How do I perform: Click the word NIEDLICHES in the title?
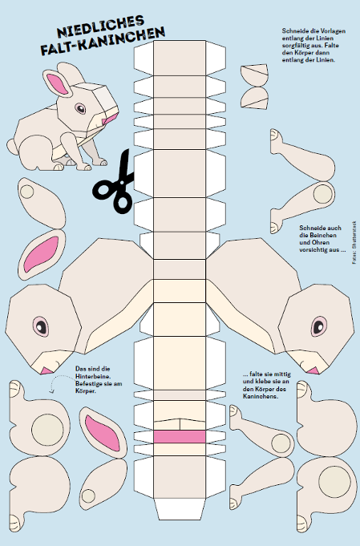pyautogui.click(x=100, y=26)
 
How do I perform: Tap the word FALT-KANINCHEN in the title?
pyautogui.click(x=103, y=42)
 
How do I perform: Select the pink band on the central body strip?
pyautogui.click(x=180, y=437)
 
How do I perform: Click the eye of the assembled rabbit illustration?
pyautogui.click(x=80, y=108)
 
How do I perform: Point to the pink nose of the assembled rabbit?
pyautogui.click(x=110, y=118)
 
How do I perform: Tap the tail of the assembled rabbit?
pyautogui.click(x=12, y=147)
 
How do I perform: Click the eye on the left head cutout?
pyautogui.click(x=41, y=326)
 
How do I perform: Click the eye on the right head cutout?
pyautogui.click(x=319, y=326)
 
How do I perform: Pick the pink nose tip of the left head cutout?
pyautogui.click(x=46, y=370)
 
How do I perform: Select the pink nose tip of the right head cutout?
pyautogui.click(x=313, y=370)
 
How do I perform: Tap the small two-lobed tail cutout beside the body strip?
pyautogui.click(x=254, y=87)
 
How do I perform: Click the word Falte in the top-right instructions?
pyautogui.click(x=332, y=45)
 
